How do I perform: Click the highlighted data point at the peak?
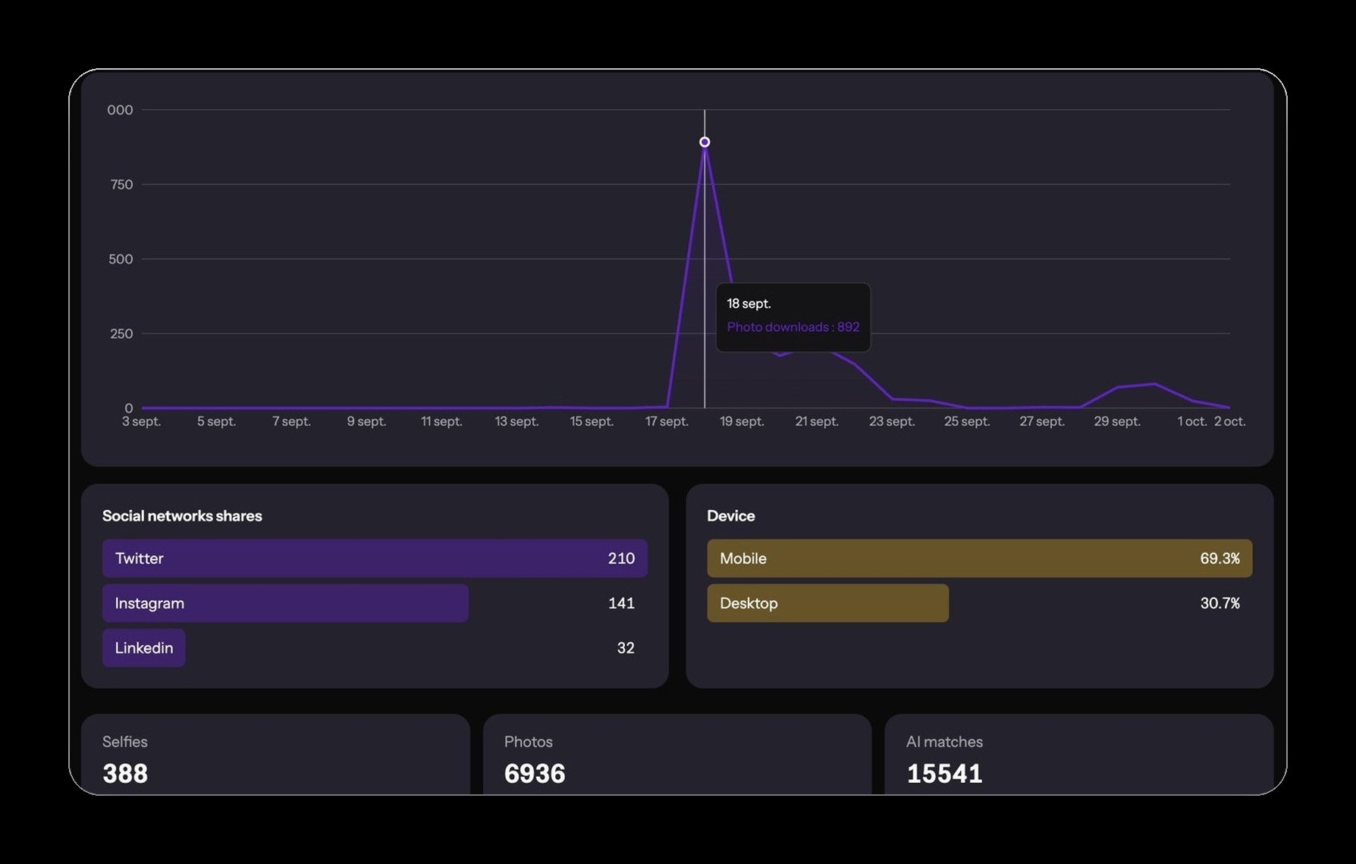pyautogui.click(x=705, y=142)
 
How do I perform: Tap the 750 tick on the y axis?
pyautogui.click(x=121, y=184)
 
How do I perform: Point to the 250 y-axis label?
pyautogui.click(x=121, y=333)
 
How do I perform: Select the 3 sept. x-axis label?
pyautogui.click(x=142, y=421)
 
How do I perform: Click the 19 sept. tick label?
pyautogui.click(x=742, y=421)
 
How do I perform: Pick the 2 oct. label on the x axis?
pyautogui.click(x=1229, y=421)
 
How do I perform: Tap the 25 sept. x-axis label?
pyautogui.click(x=967, y=421)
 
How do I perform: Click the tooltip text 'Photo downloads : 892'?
pyautogui.click(x=793, y=327)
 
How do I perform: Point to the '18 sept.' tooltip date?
pyautogui.click(x=749, y=303)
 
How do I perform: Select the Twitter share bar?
pyautogui.click(x=375, y=559)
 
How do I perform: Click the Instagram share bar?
pyautogui.click(x=285, y=603)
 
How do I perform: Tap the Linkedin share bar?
pyautogui.click(x=144, y=648)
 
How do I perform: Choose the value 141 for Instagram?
pyautogui.click(x=621, y=603)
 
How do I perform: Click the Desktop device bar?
pyautogui.click(x=827, y=603)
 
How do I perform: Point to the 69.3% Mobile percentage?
pyautogui.click(x=1219, y=559)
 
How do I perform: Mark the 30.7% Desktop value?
pyautogui.click(x=1219, y=603)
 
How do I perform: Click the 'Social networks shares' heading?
pyautogui.click(x=182, y=515)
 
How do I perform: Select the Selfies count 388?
pyautogui.click(x=125, y=773)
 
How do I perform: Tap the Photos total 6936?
pyautogui.click(x=535, y=773)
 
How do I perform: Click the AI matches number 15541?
pyautogui.click(x=944, y=773)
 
